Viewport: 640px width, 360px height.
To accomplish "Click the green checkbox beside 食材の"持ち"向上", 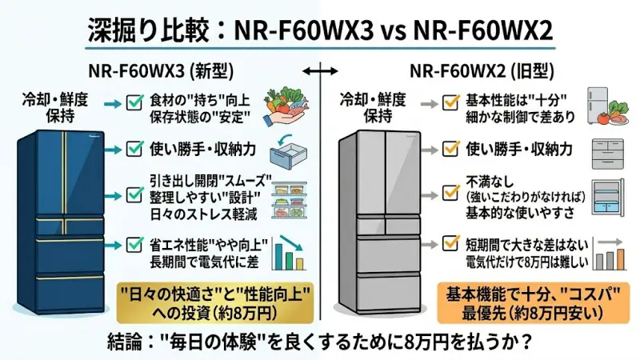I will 134,102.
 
